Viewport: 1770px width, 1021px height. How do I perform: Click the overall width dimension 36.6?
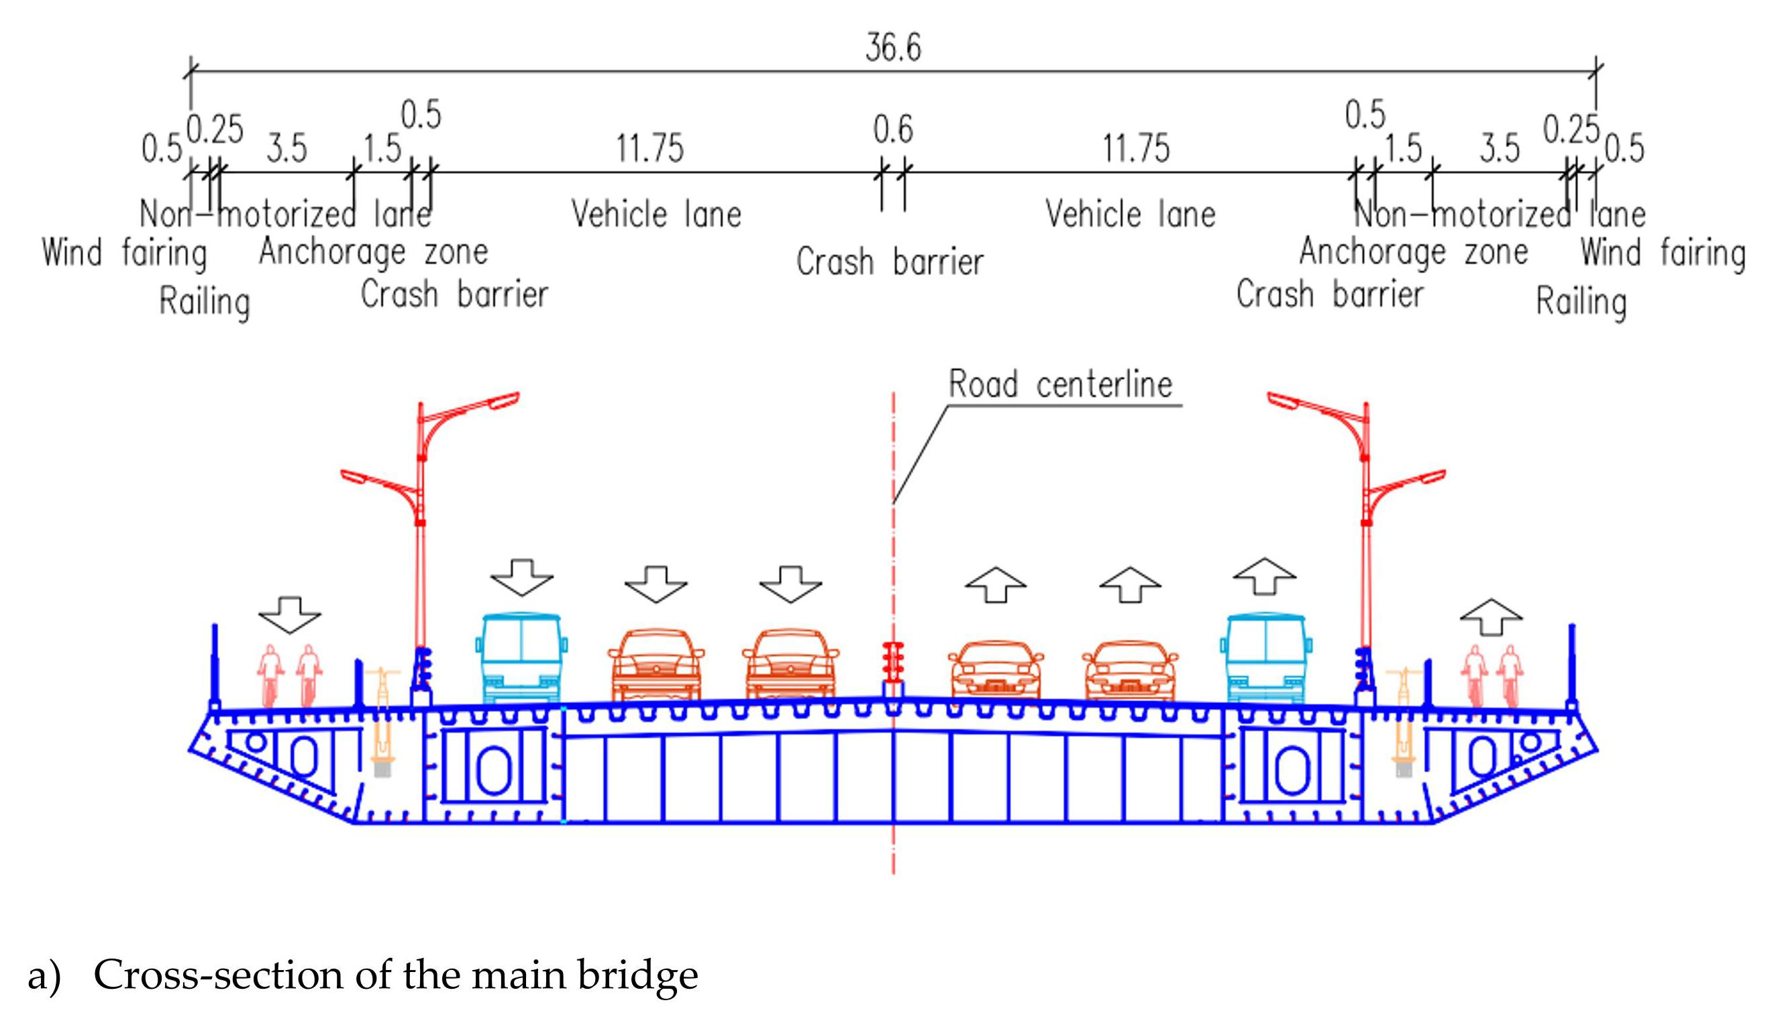click(892, 48)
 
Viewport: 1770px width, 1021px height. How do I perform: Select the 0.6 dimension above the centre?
click(892, 129)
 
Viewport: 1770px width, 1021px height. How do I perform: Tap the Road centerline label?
click(1059, 384)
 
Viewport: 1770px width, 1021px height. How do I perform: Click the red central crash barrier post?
click(892, 663)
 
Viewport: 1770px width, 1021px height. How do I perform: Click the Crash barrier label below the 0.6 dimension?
click(889, 262)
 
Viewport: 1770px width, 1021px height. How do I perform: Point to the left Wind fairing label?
click(124, 253)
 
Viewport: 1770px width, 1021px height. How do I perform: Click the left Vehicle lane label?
click(656, 214)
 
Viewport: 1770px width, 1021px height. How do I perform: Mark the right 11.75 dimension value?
click(1136, 149)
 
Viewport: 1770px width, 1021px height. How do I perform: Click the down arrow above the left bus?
click(521, 577)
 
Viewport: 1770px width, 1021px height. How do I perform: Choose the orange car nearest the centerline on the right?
click(996, 669)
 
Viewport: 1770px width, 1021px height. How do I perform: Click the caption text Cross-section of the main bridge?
click(395, 975)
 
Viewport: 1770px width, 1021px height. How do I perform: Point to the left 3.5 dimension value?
click(287, 149)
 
